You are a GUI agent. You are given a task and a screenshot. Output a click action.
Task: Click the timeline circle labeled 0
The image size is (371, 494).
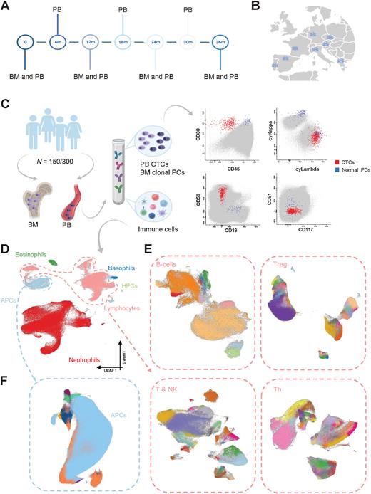pos(25,43)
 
